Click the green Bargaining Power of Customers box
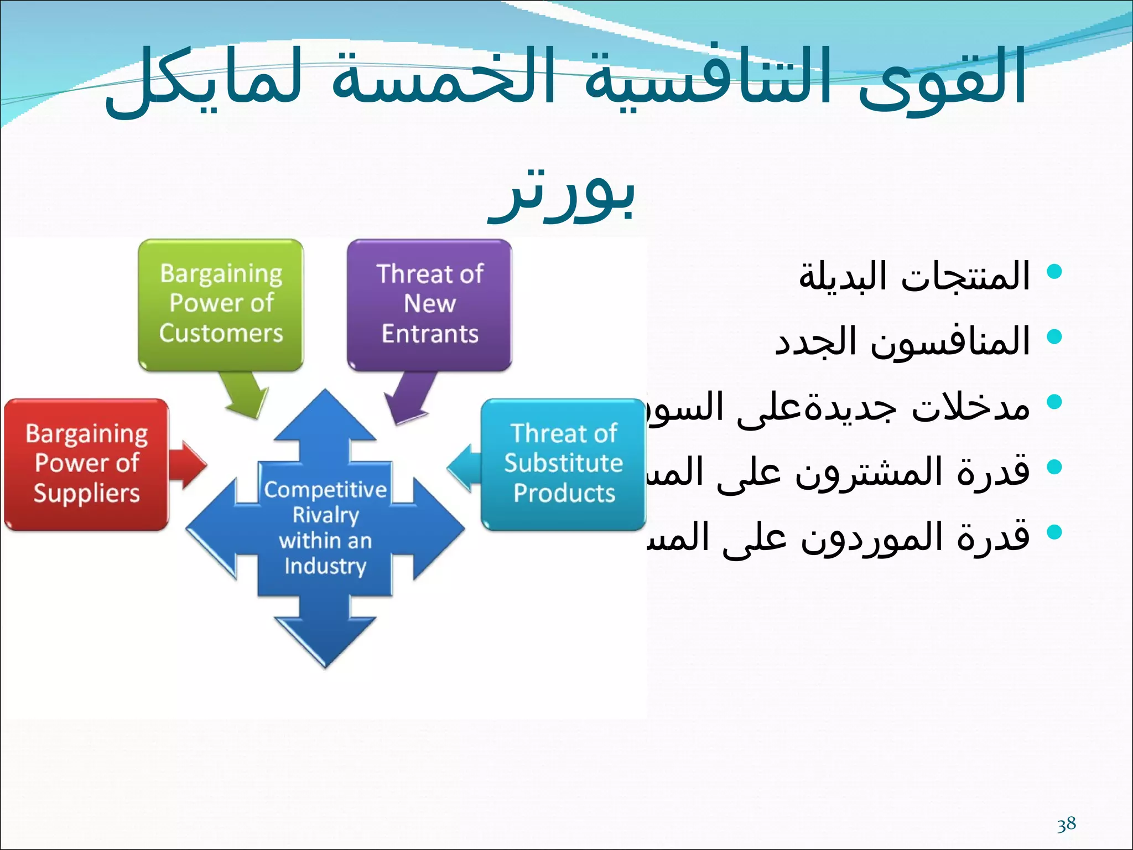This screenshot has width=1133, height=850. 221,304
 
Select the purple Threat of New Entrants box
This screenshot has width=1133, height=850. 429,304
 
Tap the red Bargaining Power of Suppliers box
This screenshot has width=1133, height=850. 86,464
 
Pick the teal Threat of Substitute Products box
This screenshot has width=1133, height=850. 563,464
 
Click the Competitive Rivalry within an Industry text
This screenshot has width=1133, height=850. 325,527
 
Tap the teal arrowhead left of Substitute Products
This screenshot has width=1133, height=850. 462,468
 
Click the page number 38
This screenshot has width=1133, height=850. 1066,824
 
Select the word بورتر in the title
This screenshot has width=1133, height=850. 561,194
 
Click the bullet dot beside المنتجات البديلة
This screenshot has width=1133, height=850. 1054,271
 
